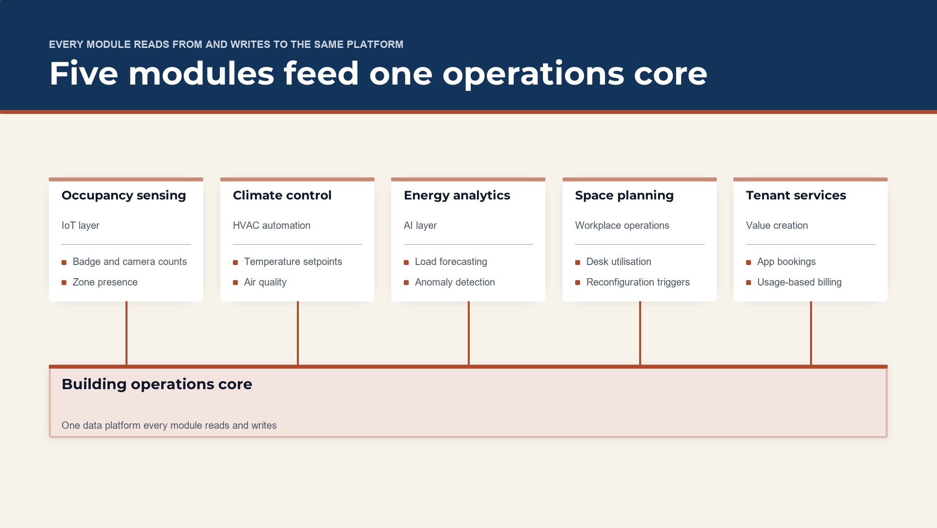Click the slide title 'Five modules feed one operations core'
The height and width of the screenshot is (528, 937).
click(378, 74)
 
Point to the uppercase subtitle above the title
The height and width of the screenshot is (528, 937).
click(226, 44)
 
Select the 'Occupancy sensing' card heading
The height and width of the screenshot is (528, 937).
click(124, 196)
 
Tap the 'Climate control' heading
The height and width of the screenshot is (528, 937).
click(282, 196)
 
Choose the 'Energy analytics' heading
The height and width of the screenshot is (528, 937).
click(457, 196)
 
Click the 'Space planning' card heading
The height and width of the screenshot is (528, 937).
click(625, 196)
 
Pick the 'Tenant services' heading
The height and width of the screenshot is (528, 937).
click(796, 196)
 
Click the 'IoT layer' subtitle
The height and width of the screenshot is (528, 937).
click(81, 225)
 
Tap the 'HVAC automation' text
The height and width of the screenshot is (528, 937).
click(271, 225)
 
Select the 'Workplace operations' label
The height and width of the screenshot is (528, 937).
click(622, 225)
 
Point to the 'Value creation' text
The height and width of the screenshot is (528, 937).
click(777, 225)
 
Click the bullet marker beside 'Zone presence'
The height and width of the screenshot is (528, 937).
click(64, 283)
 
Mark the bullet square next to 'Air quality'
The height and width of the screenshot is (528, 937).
click(235, 283)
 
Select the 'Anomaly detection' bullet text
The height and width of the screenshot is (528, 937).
click(455, 282)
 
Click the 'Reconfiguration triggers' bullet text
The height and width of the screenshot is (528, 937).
click(638, 282)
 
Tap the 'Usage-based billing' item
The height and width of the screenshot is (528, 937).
click(799, 282)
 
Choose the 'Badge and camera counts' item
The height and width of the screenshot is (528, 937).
click(130, 262)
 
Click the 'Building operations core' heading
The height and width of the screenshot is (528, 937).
click(157, 384)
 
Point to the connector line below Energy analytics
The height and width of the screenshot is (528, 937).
click(469, 333)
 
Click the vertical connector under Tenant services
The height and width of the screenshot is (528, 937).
click(811, 333)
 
